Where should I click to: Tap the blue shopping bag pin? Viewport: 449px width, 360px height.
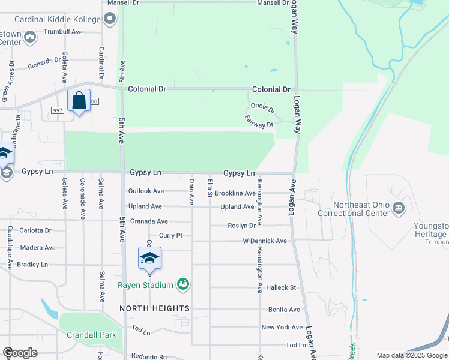(79, 100)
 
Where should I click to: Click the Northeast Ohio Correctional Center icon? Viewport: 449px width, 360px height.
(398, 208)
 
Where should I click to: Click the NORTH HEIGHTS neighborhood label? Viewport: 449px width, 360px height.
(154, 308)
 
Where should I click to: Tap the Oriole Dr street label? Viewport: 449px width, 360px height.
(262, 110)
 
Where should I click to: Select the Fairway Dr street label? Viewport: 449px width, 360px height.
(259, 121)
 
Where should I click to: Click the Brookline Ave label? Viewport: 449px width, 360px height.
(235, 193)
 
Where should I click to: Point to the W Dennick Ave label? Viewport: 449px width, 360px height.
(265, 241)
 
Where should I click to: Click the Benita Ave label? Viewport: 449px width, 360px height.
(285, 310)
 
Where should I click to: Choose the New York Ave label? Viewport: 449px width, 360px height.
(282, 327)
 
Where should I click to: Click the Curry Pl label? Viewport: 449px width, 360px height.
(170, 235)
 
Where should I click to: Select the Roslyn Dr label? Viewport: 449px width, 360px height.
(242, 226)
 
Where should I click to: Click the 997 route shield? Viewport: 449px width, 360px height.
(58, 110)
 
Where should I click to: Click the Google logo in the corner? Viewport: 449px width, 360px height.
(20, 353)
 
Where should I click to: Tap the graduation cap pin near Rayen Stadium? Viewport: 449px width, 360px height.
(149, 259)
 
